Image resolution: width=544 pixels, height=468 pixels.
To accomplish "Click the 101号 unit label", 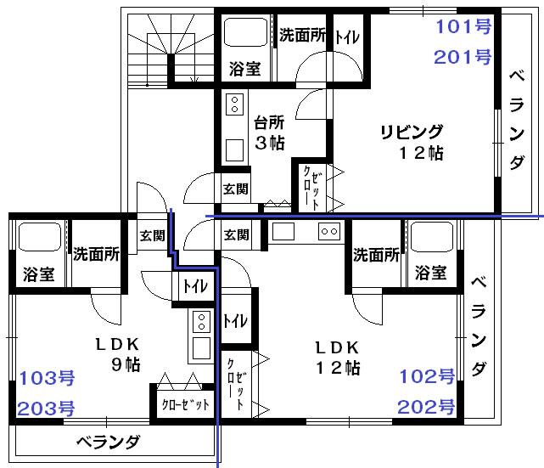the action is pos(463,26).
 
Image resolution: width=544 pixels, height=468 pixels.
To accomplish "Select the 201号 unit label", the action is pos(463,57).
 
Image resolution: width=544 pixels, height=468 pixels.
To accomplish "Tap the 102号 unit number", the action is pos(427,376).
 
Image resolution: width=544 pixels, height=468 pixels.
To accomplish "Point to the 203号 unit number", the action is pos(46,409).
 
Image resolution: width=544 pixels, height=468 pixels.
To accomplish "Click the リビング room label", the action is pos(412,132).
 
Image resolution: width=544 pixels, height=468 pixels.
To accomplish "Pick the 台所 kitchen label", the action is pos(269,122).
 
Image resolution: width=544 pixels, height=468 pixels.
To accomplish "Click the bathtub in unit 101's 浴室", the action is pos(245,32).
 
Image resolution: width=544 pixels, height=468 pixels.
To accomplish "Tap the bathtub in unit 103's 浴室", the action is pos(40,237).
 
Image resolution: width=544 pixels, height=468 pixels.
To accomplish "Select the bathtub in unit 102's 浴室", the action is pos(432,237).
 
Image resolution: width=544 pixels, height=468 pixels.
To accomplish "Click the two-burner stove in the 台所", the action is pos(234,104).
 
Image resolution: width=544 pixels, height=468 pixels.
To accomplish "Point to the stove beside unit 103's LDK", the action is pos(202,322).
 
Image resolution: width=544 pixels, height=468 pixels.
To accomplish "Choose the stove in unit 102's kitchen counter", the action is pos(329,231).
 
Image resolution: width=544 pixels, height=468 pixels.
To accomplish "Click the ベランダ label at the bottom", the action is pos(108,443).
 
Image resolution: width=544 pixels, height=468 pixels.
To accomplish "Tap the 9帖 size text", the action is pos(126,364).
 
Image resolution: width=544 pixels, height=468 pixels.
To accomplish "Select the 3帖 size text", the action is pos(270,143).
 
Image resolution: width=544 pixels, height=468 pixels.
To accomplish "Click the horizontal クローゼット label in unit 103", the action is pos(186,404).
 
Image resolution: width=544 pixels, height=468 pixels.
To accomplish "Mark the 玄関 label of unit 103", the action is pos(152,236).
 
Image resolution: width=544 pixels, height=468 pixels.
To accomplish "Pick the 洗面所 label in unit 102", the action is pos(376,255).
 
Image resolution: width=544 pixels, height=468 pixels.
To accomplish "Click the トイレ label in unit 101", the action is pos(347,37).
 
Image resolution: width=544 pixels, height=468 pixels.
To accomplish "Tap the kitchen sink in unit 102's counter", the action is pos(283,231).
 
